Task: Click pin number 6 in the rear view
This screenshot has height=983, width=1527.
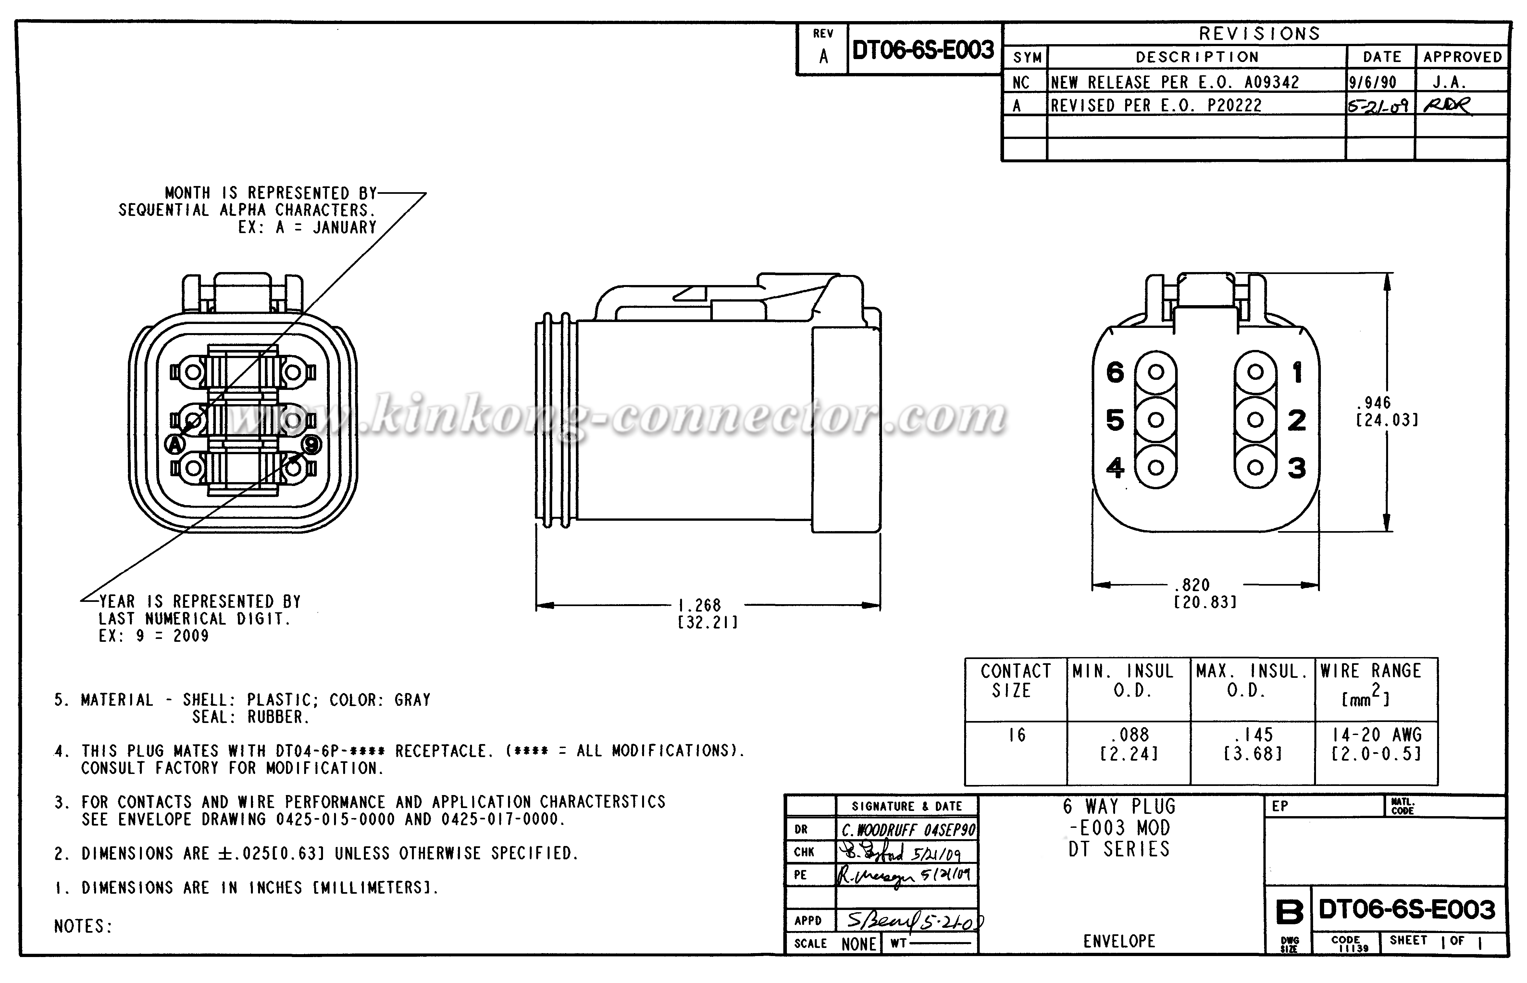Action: (x=1115, y=372)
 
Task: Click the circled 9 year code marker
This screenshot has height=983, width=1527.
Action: (x=311, y=444)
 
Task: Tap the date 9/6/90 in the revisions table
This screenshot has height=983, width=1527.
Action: (x=1372, y=82)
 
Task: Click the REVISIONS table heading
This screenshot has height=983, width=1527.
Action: (x=1259, y=34)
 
